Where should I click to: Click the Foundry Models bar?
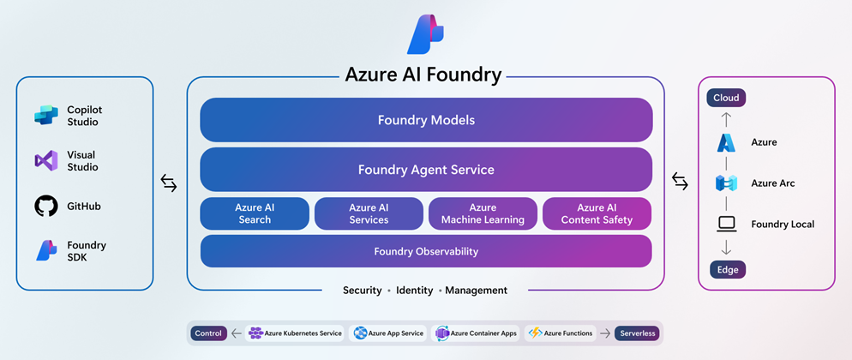point(426,120)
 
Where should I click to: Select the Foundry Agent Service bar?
point(426,170)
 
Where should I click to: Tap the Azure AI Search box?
point(255,214)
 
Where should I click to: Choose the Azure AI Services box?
point(369,214)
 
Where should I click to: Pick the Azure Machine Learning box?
point(483,214)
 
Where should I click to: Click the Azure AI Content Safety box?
point(597,214)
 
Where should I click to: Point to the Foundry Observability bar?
point(426,252)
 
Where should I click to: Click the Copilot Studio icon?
point(45,116)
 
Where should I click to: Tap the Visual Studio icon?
point(45,161)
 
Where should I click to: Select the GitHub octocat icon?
point(45,206)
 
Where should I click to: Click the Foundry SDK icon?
point(45,250)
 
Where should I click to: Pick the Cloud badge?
point(726,98)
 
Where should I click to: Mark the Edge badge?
point(727,269)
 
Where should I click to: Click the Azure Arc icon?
point(726,183)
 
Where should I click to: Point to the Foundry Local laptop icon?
point(726,224)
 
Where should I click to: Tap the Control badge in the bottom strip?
point(208,333)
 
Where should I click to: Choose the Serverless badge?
point(637,333)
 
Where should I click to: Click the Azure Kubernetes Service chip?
point(295,333)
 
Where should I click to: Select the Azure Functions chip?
point(561,333)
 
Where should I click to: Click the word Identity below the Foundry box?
point(415,291)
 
